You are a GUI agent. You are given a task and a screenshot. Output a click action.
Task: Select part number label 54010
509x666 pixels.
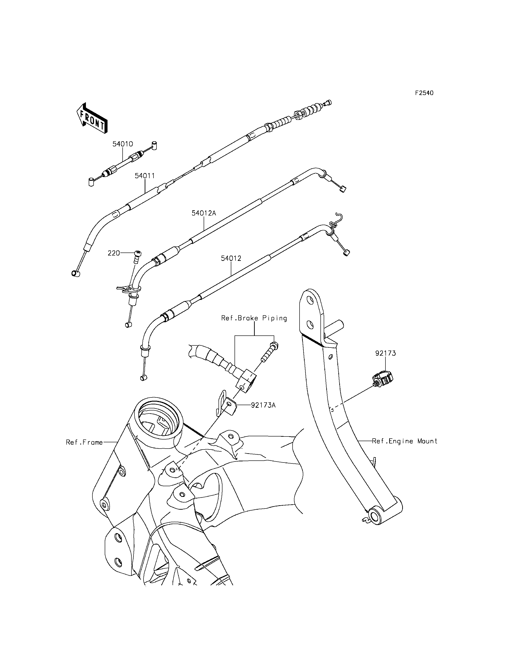click(123, 144)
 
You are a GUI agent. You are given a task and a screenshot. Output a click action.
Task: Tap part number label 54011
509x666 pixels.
click(145, 176)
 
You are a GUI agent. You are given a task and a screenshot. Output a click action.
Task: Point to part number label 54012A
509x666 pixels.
click(204, 213)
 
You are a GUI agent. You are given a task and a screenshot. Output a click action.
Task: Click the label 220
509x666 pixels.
click(114, 253)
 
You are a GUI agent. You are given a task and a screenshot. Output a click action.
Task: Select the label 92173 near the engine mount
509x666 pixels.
click(385, 353)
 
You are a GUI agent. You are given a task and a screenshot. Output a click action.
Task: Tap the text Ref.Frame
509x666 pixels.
click(84, 443)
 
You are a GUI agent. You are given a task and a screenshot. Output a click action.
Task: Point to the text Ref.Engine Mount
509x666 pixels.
click(405, 441)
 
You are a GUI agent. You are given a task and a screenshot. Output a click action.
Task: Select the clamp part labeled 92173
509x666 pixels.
click(382, 379)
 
